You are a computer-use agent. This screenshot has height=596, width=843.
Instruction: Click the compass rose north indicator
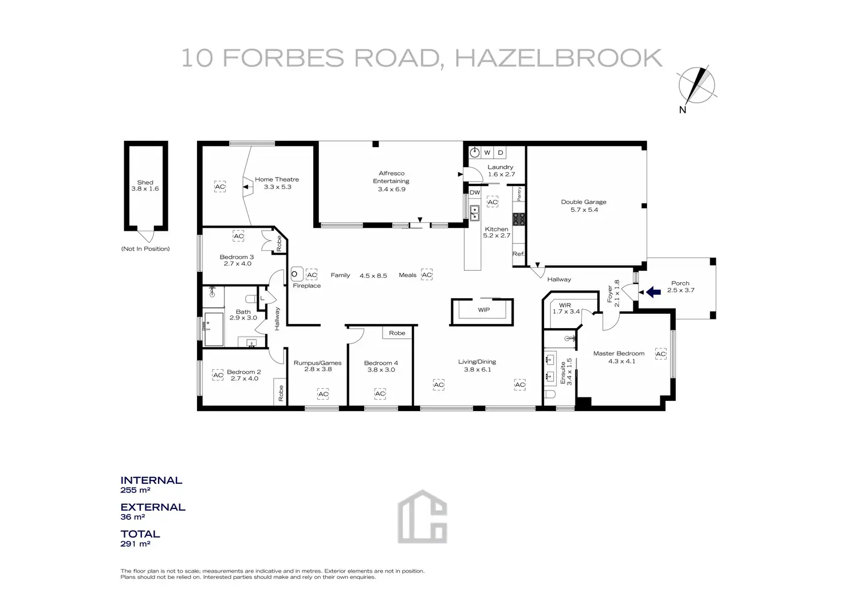[x=696, y=86]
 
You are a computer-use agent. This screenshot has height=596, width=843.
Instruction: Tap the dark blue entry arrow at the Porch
[x=653, y=291]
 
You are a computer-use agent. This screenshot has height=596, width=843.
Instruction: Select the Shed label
[x=145, y=183]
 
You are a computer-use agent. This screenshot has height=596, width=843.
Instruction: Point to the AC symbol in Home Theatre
[x=220, y=187]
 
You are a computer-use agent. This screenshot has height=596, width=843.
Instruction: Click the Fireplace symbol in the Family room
[x=296, y=274]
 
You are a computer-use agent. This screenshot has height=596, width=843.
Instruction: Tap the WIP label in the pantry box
[x=483, y=310]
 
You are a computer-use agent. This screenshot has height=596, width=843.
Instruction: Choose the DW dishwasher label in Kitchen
[x=475, y=192]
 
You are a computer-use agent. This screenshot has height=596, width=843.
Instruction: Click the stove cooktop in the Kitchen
[x=519, y=219]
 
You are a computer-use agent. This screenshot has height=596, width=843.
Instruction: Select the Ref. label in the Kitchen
[x=518, y=254]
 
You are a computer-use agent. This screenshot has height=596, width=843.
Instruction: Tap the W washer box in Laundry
[x=487, y=152]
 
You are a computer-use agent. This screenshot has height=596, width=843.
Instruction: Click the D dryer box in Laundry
[x=500, y=152]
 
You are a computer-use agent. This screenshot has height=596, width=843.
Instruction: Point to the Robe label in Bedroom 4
[x=397, y=333]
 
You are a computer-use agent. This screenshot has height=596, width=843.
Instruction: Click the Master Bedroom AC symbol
[x=660, y=354]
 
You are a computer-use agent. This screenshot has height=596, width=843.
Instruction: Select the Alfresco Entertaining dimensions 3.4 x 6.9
[x=391, y=190]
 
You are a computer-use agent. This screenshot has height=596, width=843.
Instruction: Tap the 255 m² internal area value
[x=135, y=490]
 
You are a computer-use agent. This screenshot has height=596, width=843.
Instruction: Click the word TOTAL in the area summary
[x=140, y=534]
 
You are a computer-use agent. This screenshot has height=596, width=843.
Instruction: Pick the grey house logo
[x=422, y=516]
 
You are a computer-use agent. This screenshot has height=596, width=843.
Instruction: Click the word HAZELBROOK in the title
[x=558, y=58]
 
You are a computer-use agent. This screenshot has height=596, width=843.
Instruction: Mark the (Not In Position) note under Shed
[x=145, y=248]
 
